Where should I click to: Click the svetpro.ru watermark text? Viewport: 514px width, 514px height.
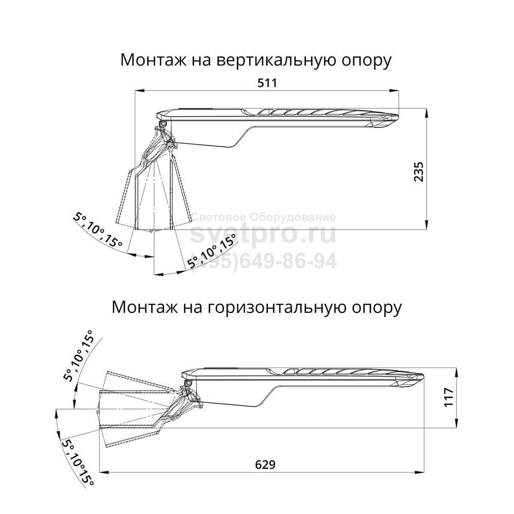tap(263, 234)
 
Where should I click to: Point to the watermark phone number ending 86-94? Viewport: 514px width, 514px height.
tap(263, 261)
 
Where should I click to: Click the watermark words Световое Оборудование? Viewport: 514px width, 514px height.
tap(263, 217)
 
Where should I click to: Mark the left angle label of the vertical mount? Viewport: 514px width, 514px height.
tap(98, 229)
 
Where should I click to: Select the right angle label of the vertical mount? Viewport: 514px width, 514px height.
tap(212, 251)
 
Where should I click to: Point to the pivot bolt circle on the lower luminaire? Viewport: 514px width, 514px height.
tap(189, 383)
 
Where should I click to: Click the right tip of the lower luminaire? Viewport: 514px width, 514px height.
tap(423, 376)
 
